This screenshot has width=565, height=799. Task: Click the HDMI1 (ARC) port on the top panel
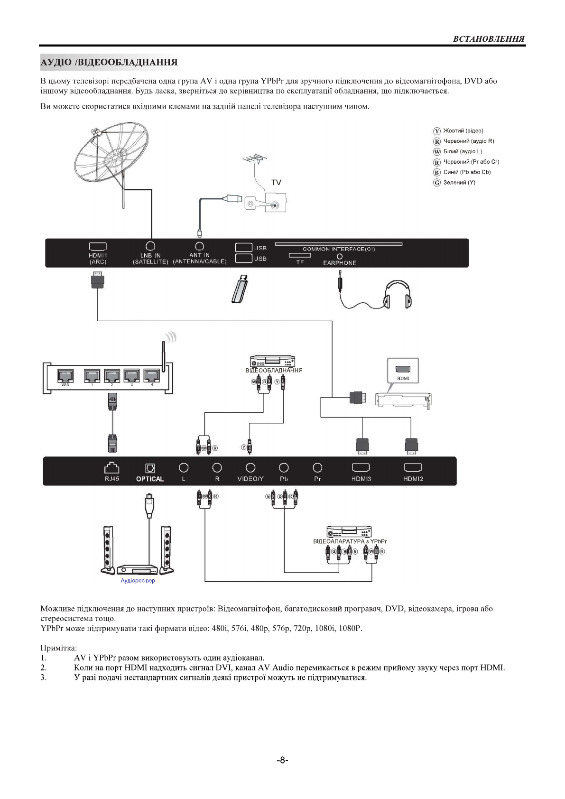(x=98, y=247)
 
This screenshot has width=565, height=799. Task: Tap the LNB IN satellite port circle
(x=150, y=246)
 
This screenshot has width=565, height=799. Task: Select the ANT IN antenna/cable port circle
(x=200, y=246)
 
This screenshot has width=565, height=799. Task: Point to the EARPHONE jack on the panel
(x=340, y=256)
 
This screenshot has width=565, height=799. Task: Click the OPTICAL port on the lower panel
(x=150, y=468)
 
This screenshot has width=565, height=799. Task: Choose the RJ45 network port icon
(x=112, y=468)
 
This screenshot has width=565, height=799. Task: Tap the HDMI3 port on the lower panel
(x=361, y=468)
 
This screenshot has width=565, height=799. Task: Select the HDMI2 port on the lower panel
(x=413, y=468)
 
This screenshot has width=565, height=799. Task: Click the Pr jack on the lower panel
(x=317, y=468)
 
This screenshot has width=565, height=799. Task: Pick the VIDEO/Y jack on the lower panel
(x=250, y=468)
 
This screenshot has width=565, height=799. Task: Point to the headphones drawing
(x=398, y=294)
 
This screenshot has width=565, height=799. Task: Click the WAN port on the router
(x=65, y=376)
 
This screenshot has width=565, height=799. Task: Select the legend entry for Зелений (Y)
(x=459, y=183)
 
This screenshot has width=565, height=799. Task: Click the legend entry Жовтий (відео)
(x=463, y=130)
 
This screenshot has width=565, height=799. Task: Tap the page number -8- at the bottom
(x=282, y=760)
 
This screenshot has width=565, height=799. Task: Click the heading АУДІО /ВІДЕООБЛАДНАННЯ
(x=109, y=62)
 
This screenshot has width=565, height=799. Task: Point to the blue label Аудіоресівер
(x=138, y=580)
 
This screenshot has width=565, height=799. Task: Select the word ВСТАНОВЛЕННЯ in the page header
(x=489, y=39)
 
